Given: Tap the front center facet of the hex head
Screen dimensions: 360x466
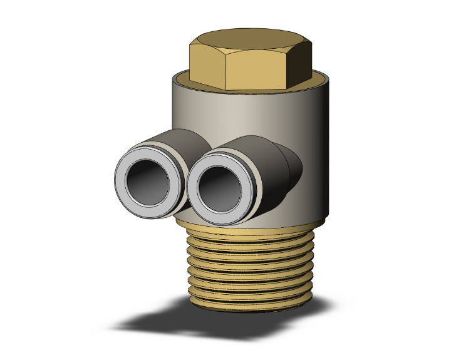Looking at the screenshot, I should (257, 70).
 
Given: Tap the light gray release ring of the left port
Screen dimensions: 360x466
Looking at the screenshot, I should (122, 188).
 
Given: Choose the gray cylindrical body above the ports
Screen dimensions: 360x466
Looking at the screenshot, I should (251, 113).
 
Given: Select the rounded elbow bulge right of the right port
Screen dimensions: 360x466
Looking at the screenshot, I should (292, 166).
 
